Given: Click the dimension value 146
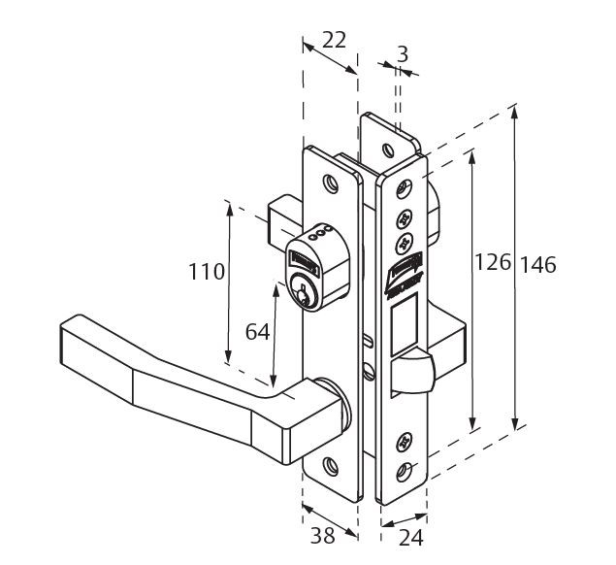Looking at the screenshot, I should pos(538,264).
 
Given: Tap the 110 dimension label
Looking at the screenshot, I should pos(207,273).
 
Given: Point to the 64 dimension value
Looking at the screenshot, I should pos(257,333).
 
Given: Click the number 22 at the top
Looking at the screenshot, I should pos(333,41).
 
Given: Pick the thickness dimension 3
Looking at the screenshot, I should pos(402,55).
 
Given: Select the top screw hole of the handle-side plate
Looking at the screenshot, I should pos(331,183).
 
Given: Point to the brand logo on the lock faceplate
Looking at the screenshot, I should pos(402,273).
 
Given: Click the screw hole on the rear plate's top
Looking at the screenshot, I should pos(387,150).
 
